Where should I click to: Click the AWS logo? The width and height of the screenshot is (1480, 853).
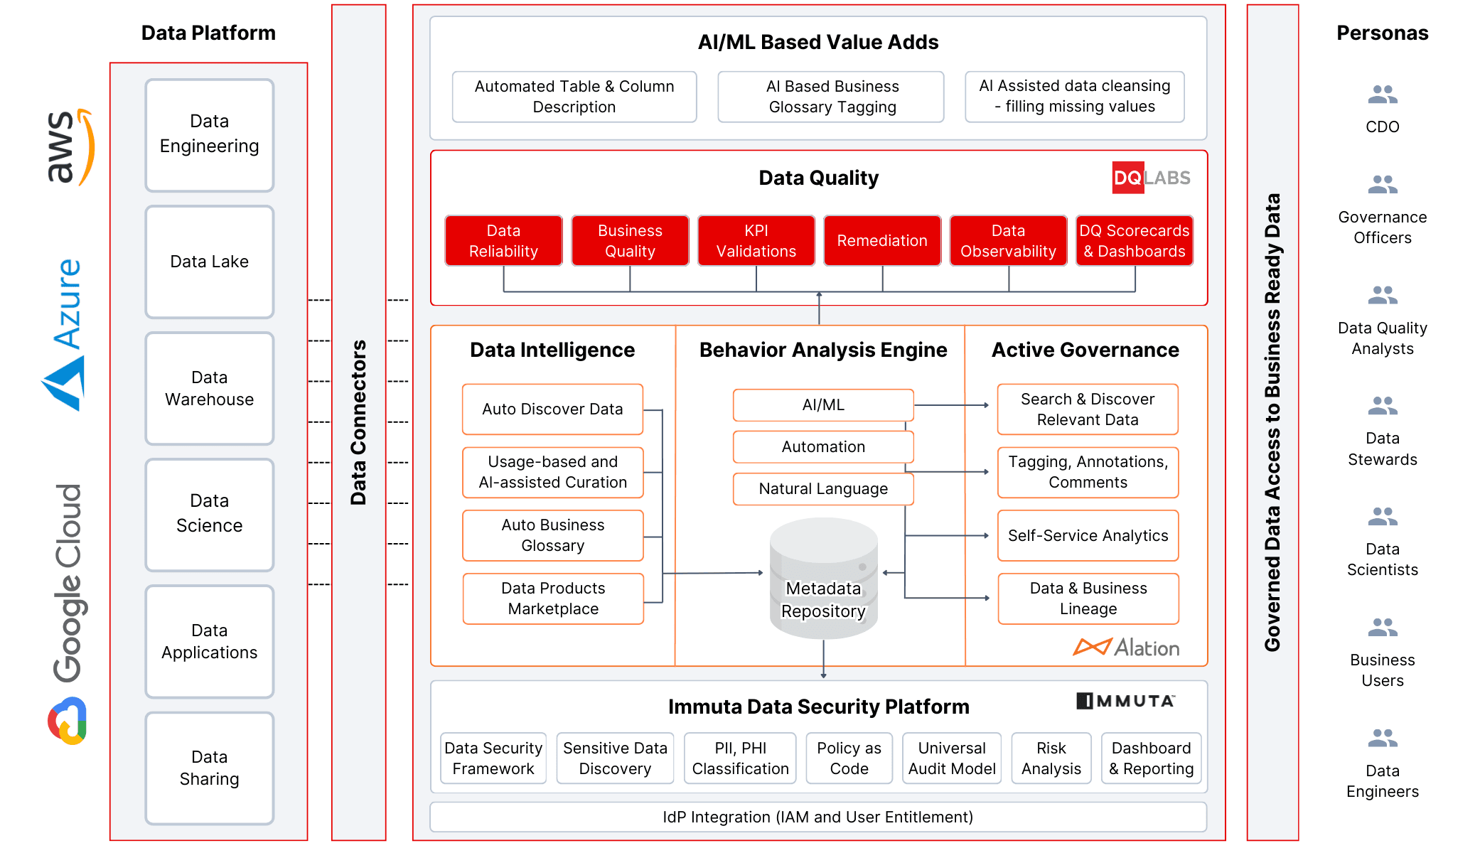[69, 147]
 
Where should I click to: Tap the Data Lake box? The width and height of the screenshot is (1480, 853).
[209, 262]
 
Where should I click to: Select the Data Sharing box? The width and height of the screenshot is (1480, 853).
[209, 768]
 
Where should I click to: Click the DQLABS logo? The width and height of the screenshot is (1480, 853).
[1150, 178]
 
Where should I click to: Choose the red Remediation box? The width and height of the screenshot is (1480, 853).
[881, 241]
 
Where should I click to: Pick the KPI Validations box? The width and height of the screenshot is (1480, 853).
[756, 241]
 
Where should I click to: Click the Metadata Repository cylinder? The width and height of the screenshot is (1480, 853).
[823, 579]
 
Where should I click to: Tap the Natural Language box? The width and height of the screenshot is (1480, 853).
[822, 489]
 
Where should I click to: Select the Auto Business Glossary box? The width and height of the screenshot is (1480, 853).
[552, 535]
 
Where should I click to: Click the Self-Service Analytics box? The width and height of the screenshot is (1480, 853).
[1087, 536]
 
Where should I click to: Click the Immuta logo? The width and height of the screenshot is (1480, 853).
[1125, 701]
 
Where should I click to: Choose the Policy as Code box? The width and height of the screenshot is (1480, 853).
[848, 758]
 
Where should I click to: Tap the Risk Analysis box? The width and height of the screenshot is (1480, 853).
[1051, 758]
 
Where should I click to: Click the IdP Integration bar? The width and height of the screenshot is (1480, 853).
[817, 817]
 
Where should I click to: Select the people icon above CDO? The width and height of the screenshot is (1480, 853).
[1381, 95]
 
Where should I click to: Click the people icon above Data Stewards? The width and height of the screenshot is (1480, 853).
[1381, 406]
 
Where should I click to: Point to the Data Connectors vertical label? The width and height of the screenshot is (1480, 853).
[358, 422]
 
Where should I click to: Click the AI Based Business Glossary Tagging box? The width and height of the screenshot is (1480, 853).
[831, 97]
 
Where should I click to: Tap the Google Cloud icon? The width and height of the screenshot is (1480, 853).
[68, 721]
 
